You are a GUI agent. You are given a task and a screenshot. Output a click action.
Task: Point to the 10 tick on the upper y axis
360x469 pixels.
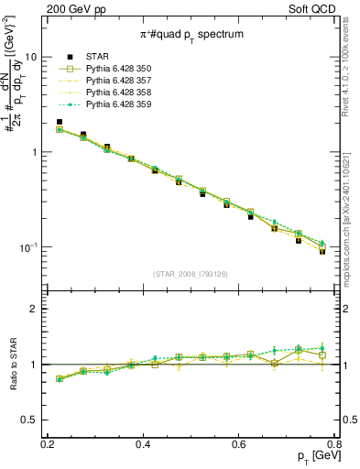click(x=36, y=57)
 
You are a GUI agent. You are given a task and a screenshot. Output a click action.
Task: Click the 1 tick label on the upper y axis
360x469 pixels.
click(x=38, y=152)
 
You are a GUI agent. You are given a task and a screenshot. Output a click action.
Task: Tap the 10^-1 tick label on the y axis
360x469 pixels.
click(x=34, y=247)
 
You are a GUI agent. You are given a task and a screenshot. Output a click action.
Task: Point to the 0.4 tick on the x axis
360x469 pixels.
click(x=143, y=443)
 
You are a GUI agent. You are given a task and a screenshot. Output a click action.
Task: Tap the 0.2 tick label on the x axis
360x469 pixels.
click(x=48, y=443)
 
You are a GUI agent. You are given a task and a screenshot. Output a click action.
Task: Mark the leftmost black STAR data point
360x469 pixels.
click(x=60, y=122)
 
